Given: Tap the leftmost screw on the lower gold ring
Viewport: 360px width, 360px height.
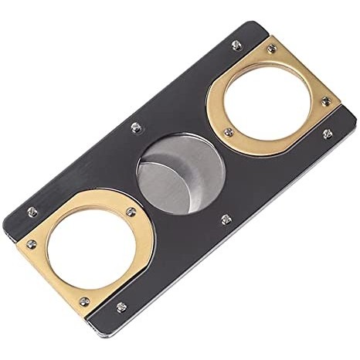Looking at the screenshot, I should pyautogui.click(x=32, y=245).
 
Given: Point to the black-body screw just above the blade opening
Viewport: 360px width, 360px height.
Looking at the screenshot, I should pyautogui.click(x=136, y=127).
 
